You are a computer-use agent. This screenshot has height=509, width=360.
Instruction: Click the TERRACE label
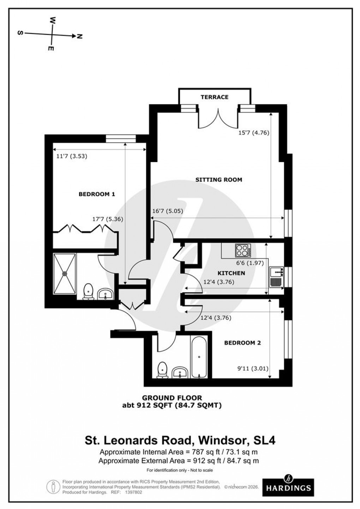(215, 97)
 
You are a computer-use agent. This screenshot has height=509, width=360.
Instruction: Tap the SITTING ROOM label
(218, 180)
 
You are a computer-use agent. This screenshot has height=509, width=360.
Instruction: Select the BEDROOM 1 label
(97, 194)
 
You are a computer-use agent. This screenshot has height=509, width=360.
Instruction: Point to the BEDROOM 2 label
(242, 343)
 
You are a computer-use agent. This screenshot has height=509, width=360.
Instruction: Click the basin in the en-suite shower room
(105, 294)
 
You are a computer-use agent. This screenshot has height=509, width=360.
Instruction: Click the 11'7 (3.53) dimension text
(72, 156)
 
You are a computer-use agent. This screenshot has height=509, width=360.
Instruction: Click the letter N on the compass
(79, 36)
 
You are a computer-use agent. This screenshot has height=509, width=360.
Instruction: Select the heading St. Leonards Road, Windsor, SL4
(180, 440)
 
